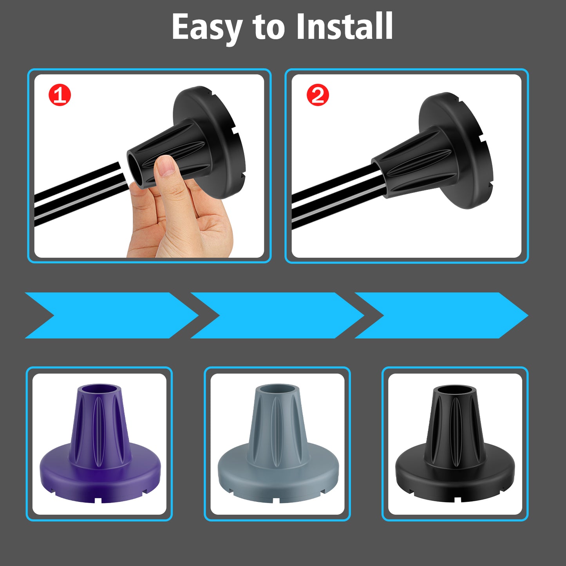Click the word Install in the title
[x=345, y=26]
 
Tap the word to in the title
[x=269, y=28]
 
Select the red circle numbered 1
[x=60, y=95]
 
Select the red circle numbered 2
[x=318, y=95]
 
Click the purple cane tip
[x=100, y=443]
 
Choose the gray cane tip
[x=278, y=443]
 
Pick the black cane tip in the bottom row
[x=456, y=443]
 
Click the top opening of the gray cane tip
[x=278, y=389]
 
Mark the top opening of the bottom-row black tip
[x=455, y=390]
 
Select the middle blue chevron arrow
[x=277, y=315]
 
